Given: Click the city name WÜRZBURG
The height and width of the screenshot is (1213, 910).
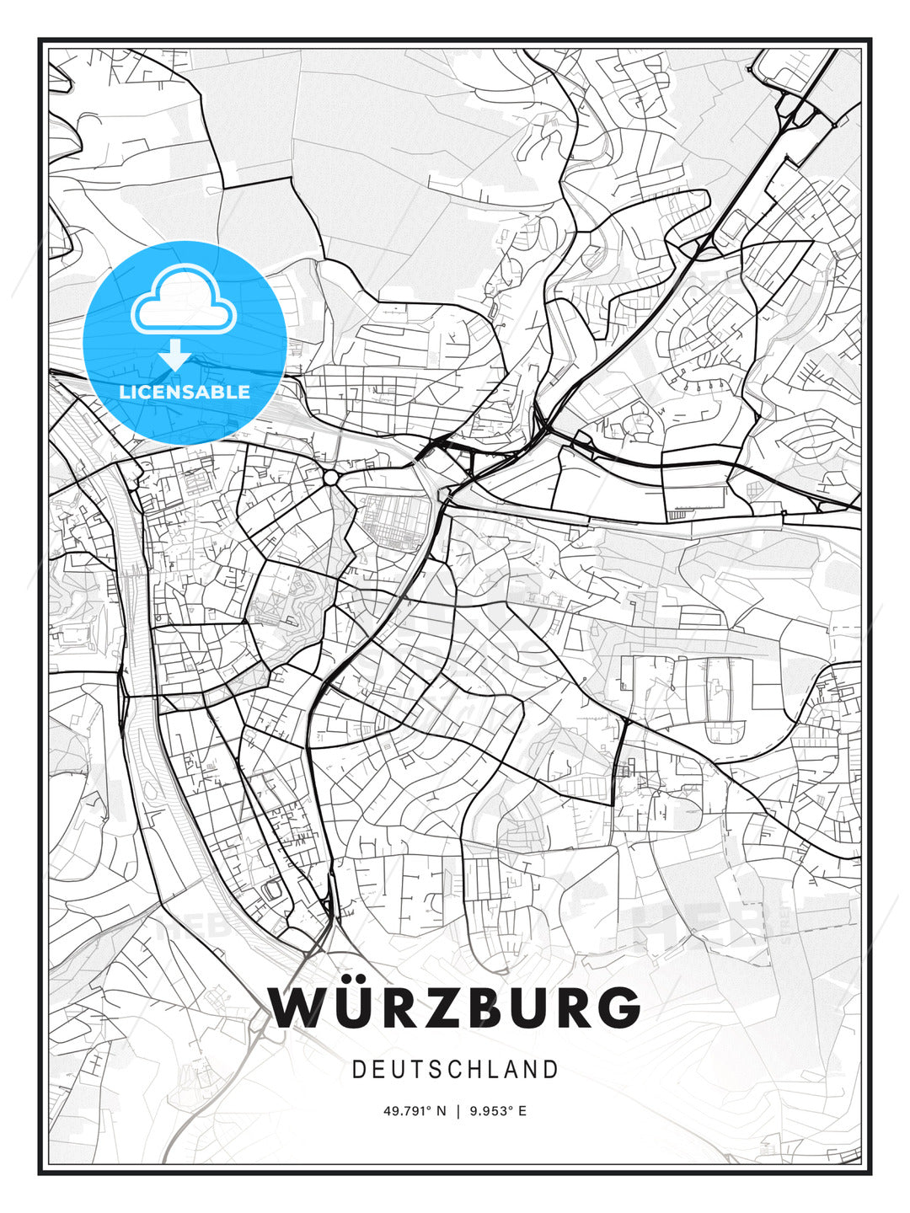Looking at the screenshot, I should (x=455, y=1007).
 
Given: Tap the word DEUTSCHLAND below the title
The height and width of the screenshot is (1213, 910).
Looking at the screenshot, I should (x=455, y=1070).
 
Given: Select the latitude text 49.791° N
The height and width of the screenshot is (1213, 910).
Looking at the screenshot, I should (x=414, y=1111).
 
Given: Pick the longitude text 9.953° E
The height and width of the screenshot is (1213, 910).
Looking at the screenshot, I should (x=499, y=1111).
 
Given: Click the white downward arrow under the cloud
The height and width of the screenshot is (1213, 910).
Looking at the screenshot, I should (x=175, y=354).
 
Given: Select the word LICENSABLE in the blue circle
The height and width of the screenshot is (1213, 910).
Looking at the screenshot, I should (x=185, y=392).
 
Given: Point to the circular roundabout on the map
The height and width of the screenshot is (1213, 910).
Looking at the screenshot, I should (x=330, y=478).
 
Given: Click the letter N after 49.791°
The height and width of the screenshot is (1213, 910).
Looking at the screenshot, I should (x=440, y=1111).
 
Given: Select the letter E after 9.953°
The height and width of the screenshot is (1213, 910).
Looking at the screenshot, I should (x=522, y=1111).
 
